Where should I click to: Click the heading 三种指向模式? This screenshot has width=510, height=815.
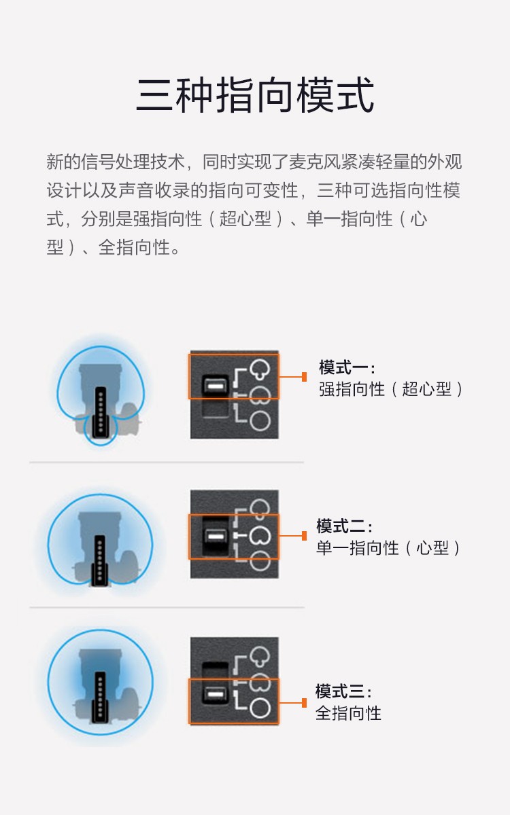click(x=255, y=95)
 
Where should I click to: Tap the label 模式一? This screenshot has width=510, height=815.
click(x=347, y=367)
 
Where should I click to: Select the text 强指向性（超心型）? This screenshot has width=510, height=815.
click(x=391, y=389)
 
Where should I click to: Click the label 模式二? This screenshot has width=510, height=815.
click(x=344, y=526)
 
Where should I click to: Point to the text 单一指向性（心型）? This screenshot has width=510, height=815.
click(x=388, y=548)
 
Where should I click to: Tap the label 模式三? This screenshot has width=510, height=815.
click(x=343, y=691)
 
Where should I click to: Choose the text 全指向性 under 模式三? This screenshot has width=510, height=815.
click(x=348, y=713)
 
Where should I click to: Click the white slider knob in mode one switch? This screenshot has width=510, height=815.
click(x=216, y=384)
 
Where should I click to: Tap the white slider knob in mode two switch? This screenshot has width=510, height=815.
click(x=216, y=537)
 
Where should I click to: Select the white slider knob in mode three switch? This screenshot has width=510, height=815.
click(x=216, y=694)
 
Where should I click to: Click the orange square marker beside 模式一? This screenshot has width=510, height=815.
click(x=304, y=377)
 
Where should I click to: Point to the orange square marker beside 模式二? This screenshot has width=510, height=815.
click(x=304, y=536)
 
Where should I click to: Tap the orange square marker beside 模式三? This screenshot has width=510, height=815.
click(x=304, y=703)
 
